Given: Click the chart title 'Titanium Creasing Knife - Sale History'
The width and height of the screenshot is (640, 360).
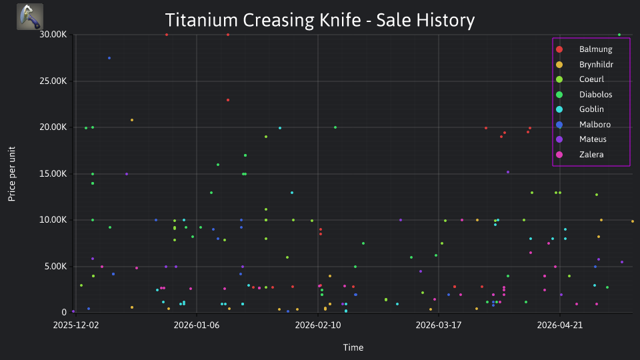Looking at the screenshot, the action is (319, 20).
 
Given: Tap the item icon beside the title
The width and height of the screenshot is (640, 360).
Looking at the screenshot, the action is (30, 17).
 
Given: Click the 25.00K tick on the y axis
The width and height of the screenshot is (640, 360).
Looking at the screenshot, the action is (53, 81).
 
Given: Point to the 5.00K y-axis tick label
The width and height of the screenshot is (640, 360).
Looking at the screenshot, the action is (55, 266).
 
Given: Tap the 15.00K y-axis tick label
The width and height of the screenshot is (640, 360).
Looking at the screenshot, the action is (53, 173).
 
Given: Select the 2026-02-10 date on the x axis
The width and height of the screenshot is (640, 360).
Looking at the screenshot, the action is (317, 325).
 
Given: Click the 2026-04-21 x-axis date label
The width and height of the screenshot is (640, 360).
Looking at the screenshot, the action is (559, 325).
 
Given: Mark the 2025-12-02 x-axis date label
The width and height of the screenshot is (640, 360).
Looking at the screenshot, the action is (76, 325).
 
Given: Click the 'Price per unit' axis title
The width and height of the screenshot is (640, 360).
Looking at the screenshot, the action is (11, 174).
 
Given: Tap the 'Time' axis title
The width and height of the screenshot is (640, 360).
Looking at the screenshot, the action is (353, 347).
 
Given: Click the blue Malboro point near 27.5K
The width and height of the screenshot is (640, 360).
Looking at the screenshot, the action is (109, 58).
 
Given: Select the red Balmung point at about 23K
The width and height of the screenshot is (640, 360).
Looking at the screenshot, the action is (228, 100).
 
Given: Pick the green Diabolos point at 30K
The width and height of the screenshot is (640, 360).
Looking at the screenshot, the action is (619, 35).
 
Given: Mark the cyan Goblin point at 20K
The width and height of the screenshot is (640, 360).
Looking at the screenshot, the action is (279, 128).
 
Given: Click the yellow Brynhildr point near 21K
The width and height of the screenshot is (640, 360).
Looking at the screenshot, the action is (132, 120).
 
